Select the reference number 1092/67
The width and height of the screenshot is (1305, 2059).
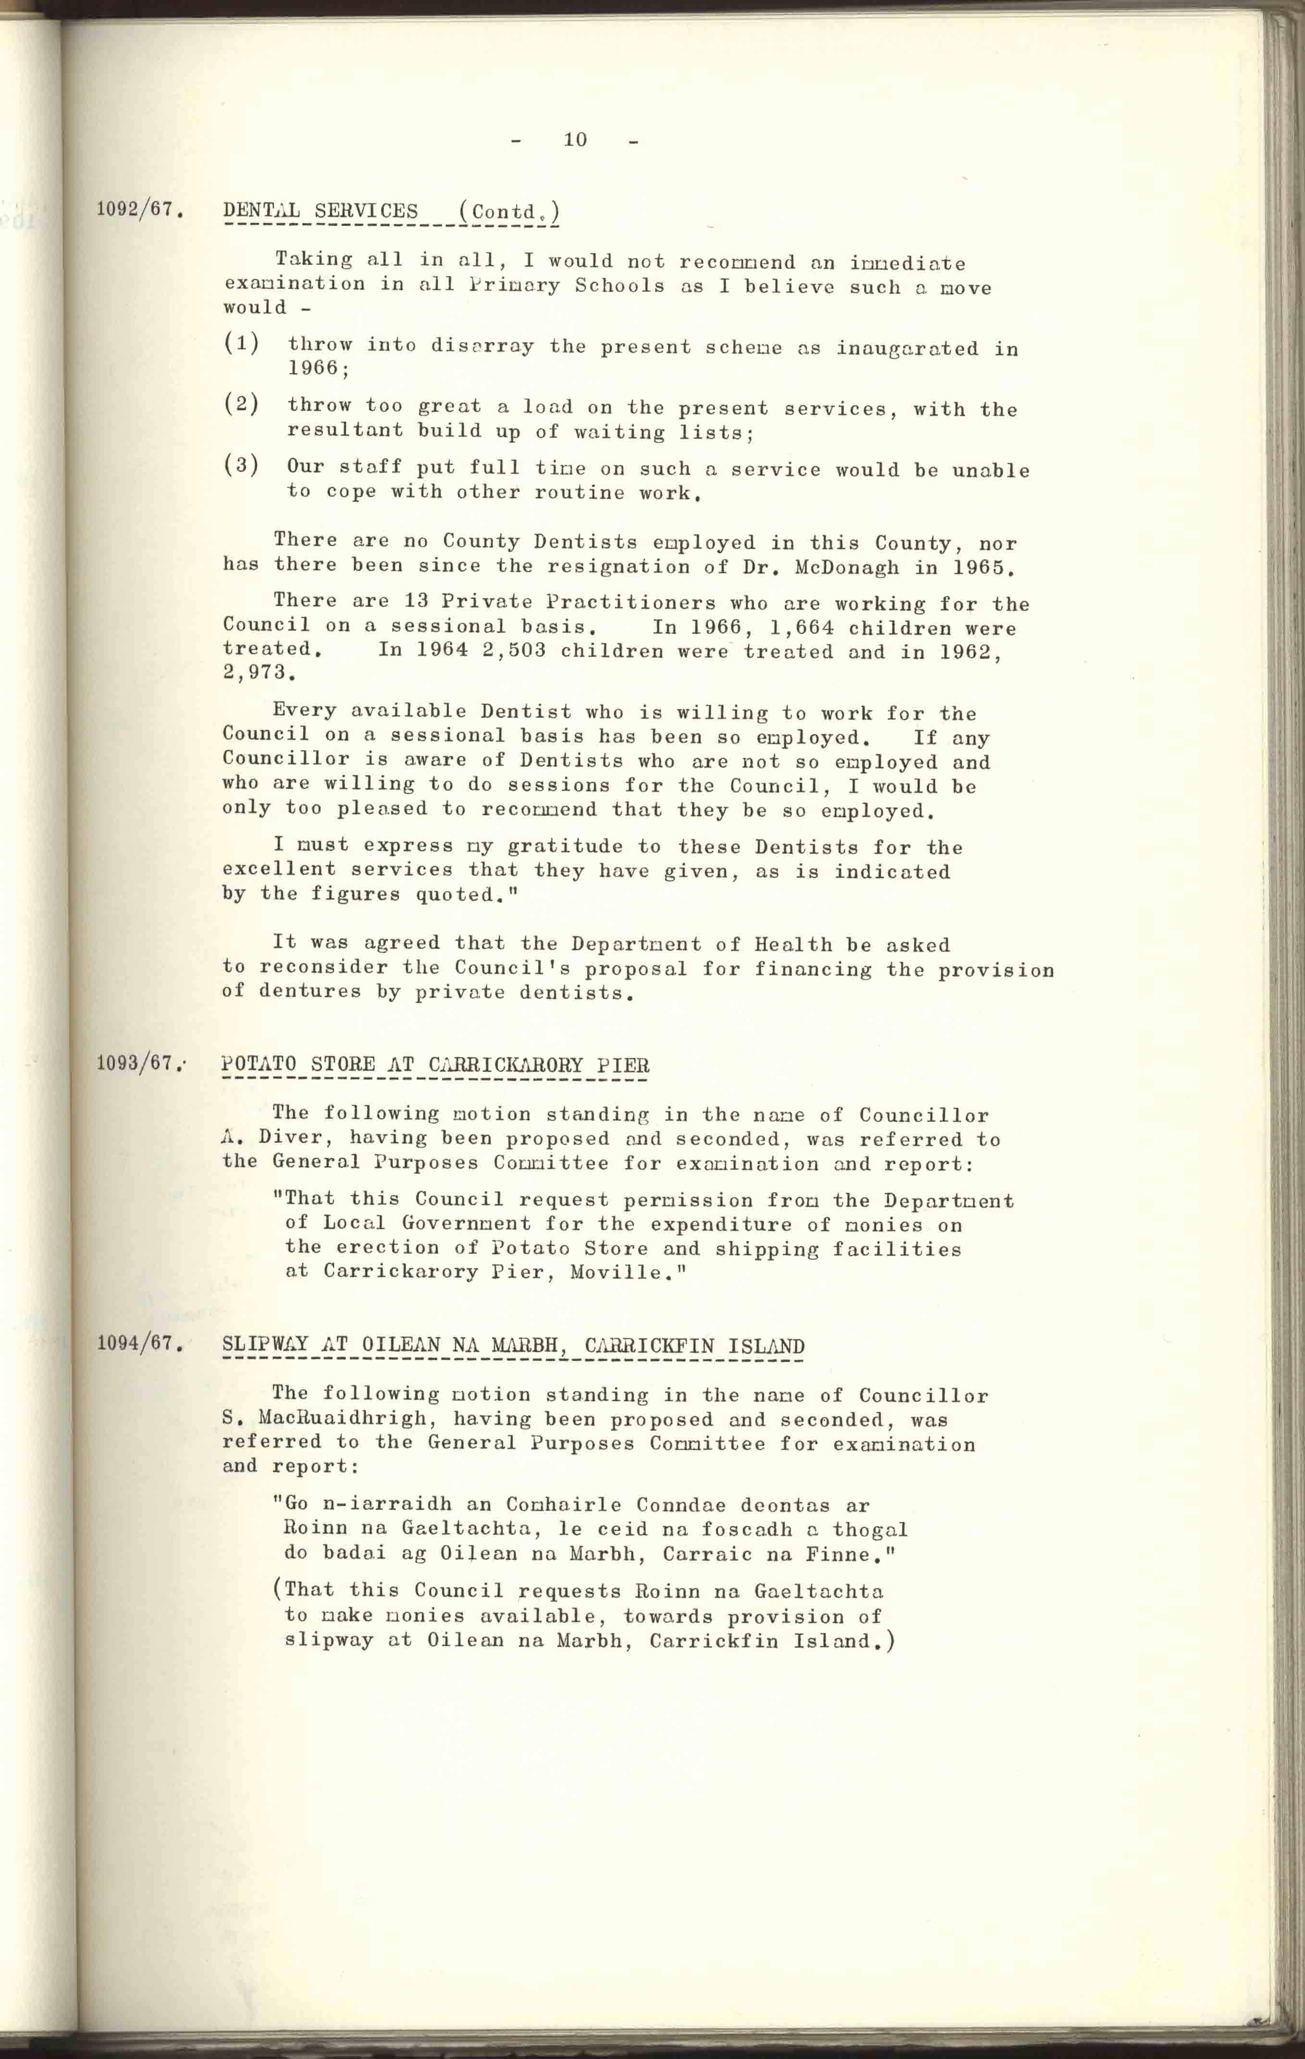[x=139, y=209]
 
